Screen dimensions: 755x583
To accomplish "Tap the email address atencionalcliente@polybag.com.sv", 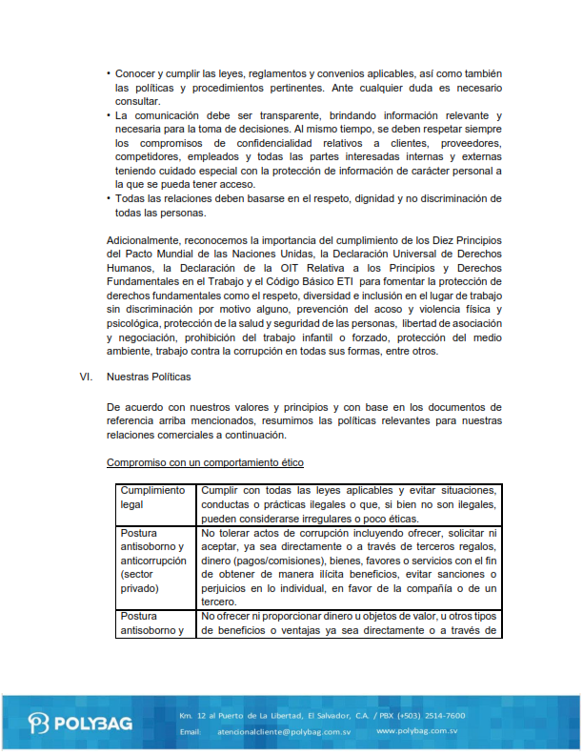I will tap(274, 731).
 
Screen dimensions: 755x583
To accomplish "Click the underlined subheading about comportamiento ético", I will tap(205, 462).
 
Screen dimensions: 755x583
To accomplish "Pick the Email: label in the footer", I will tap(191, 731).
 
